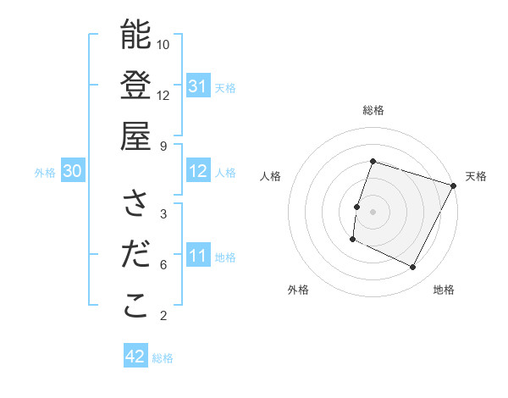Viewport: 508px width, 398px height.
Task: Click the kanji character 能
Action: click(135, 36)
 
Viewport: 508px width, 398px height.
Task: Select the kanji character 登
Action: click(135, 86)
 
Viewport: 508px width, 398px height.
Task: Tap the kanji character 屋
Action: click(135, 135)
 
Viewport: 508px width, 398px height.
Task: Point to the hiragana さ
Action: click(135, 203)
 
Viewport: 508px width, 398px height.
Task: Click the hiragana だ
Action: click(135, 255)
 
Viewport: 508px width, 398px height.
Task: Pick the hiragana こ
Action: click(135, 306)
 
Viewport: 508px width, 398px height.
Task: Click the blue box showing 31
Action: click(197, 86)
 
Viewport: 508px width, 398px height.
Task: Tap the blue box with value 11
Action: click(197, 257)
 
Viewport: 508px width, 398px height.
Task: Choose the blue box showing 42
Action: click(135, 357)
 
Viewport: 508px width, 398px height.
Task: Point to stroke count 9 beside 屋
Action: click(163, 146)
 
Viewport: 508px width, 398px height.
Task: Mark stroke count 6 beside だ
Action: click(163, 265)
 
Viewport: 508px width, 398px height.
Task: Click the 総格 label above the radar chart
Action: click(373, 110)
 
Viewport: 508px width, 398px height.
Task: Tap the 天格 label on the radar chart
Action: click(476, 176)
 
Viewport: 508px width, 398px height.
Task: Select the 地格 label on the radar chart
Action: click(444, 290)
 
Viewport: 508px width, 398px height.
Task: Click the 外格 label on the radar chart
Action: click(298, 290)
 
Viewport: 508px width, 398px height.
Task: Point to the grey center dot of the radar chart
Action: click(373, 211)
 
